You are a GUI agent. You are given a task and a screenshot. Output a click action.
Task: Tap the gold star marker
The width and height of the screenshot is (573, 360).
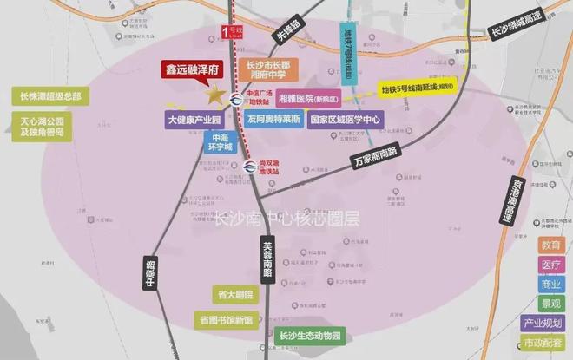(212, 95)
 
